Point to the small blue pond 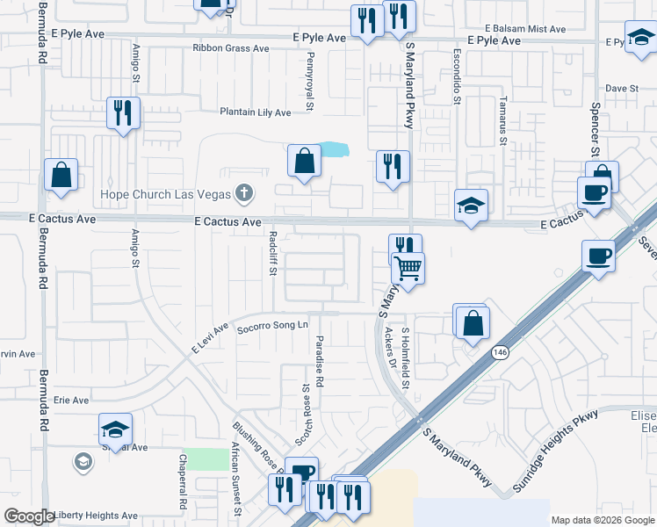point(332,150)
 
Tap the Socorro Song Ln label point(273,326)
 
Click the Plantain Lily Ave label point(255,112)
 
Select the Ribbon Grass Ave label point(231,48)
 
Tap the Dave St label point(622,89)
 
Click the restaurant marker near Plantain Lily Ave point(122,113)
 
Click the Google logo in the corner point(29,516)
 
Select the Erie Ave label point(72,401)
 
